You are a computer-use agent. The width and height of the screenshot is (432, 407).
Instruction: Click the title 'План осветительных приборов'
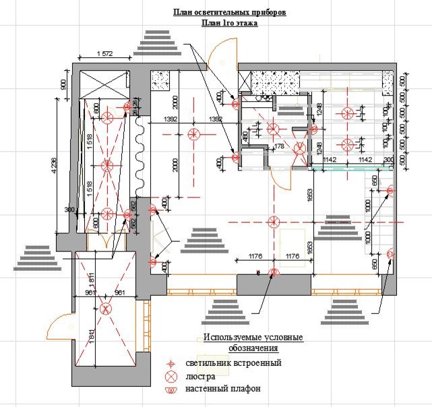(x=228, y=12)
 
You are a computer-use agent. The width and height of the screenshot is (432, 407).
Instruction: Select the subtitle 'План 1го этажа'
(x=229, y=22)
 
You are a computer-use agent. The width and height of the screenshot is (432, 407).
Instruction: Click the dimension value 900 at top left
(x=63, y=84)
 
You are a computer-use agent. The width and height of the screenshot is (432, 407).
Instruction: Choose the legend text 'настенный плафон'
(x=223, y=389)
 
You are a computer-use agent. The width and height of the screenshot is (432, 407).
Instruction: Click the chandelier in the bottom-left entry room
(x=105, y=309)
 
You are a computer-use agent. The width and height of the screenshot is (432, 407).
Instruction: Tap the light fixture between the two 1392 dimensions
(x=194, y=133)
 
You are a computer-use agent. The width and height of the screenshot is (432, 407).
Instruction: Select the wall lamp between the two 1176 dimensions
(x=274, y=272)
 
